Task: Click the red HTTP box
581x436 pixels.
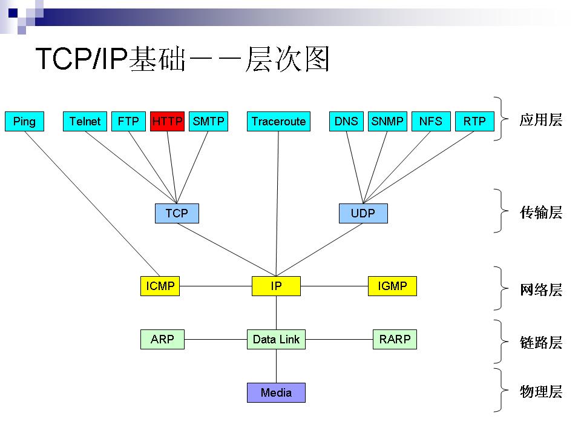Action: coord(167,121)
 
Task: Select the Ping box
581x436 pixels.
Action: coord(24,121)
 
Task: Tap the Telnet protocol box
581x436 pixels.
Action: coord(85,121)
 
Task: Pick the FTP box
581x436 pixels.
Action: coord(128,121)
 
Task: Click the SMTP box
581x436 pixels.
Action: coord(208,121)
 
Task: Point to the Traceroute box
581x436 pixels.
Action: coord(278,121)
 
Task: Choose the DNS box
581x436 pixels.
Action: coord(346,121)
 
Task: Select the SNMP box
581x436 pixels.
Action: coord(387,121)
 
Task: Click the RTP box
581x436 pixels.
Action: coord(474,121)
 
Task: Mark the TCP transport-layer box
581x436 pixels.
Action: coord(177,213)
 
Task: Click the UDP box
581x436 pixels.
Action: coord(363,213)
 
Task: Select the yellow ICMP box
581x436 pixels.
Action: coord(160,286)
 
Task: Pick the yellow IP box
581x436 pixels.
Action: coord(276,286)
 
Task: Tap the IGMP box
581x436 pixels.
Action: coord(392,286)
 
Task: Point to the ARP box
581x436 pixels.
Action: coord(162,339)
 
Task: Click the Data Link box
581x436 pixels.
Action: coord(276,339)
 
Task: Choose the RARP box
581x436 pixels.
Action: coord(395,339)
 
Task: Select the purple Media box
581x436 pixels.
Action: coord(276,392)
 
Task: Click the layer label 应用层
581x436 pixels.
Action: coord(540,120)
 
